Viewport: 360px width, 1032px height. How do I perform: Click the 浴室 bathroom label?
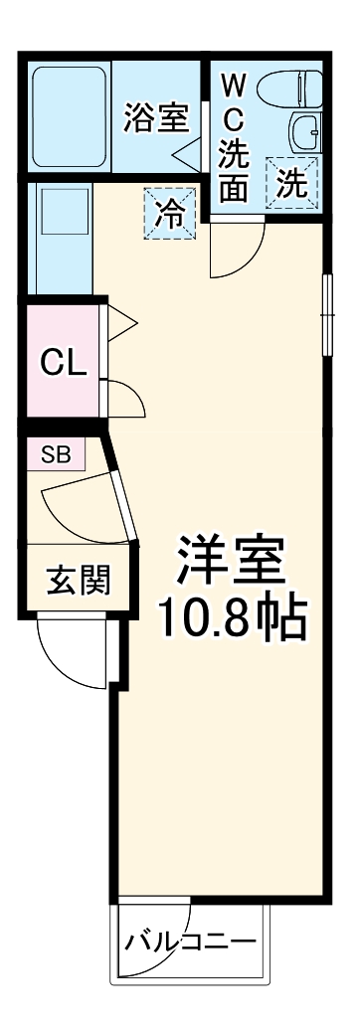click(155, 117)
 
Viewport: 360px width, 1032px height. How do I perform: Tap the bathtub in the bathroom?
click(69, 115)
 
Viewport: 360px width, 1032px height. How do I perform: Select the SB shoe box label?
click(56, 455)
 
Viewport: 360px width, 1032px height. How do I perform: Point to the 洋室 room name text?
click(231, 562)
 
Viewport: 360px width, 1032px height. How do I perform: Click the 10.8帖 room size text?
click(230, 621)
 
